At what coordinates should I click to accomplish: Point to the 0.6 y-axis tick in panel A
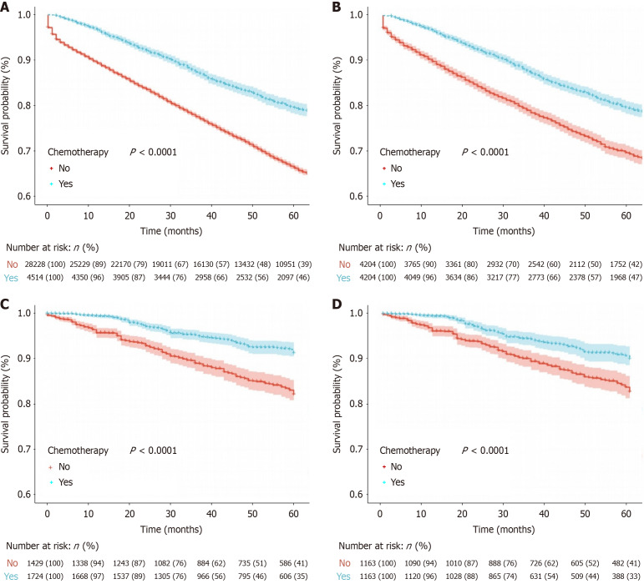tap(29, 197)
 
